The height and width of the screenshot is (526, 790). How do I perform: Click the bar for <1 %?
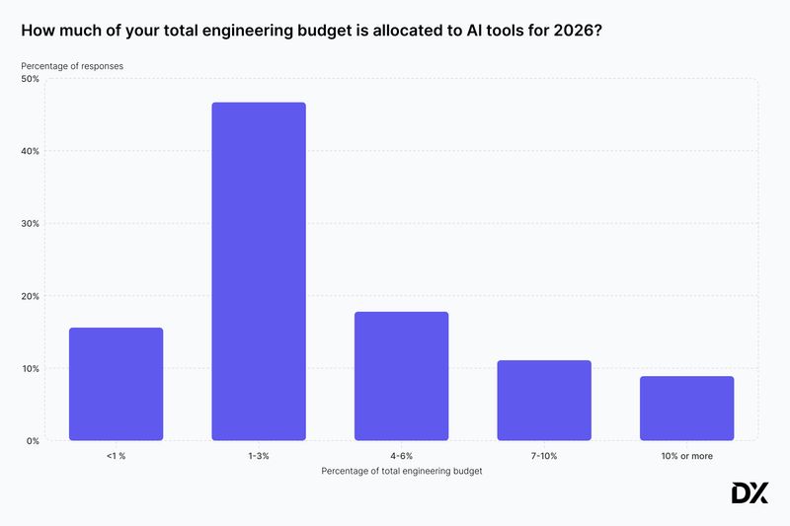coord(116,384)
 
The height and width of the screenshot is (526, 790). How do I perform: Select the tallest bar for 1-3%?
coord(259,271)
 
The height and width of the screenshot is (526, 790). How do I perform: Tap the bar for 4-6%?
coord(401,376)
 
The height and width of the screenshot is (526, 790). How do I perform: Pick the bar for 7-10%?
coord(544,401)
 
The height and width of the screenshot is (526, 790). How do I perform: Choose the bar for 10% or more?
coord(686,409)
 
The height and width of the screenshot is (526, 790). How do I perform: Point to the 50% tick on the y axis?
coord(30,79)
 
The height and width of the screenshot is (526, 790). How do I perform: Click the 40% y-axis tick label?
coord(30,151)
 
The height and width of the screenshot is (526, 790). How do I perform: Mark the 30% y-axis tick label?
coord(30,224)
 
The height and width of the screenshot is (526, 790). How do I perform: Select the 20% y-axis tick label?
coord(30,296)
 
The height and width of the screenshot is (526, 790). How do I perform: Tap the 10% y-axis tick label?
coord(30,368)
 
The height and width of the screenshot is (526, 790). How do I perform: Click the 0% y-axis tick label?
coord(32,441)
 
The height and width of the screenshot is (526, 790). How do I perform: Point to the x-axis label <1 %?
coord(116,456)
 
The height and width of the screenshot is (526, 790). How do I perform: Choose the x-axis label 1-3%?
coord(259,456)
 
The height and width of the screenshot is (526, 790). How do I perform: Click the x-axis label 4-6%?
coord(401,456)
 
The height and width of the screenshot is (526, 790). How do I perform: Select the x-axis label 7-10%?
coord(544,456)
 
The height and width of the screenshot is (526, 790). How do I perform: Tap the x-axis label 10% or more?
coord(686,456)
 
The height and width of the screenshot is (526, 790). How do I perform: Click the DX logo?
coord(749,493)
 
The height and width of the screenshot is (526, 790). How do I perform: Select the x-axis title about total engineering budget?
coord(401,471)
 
